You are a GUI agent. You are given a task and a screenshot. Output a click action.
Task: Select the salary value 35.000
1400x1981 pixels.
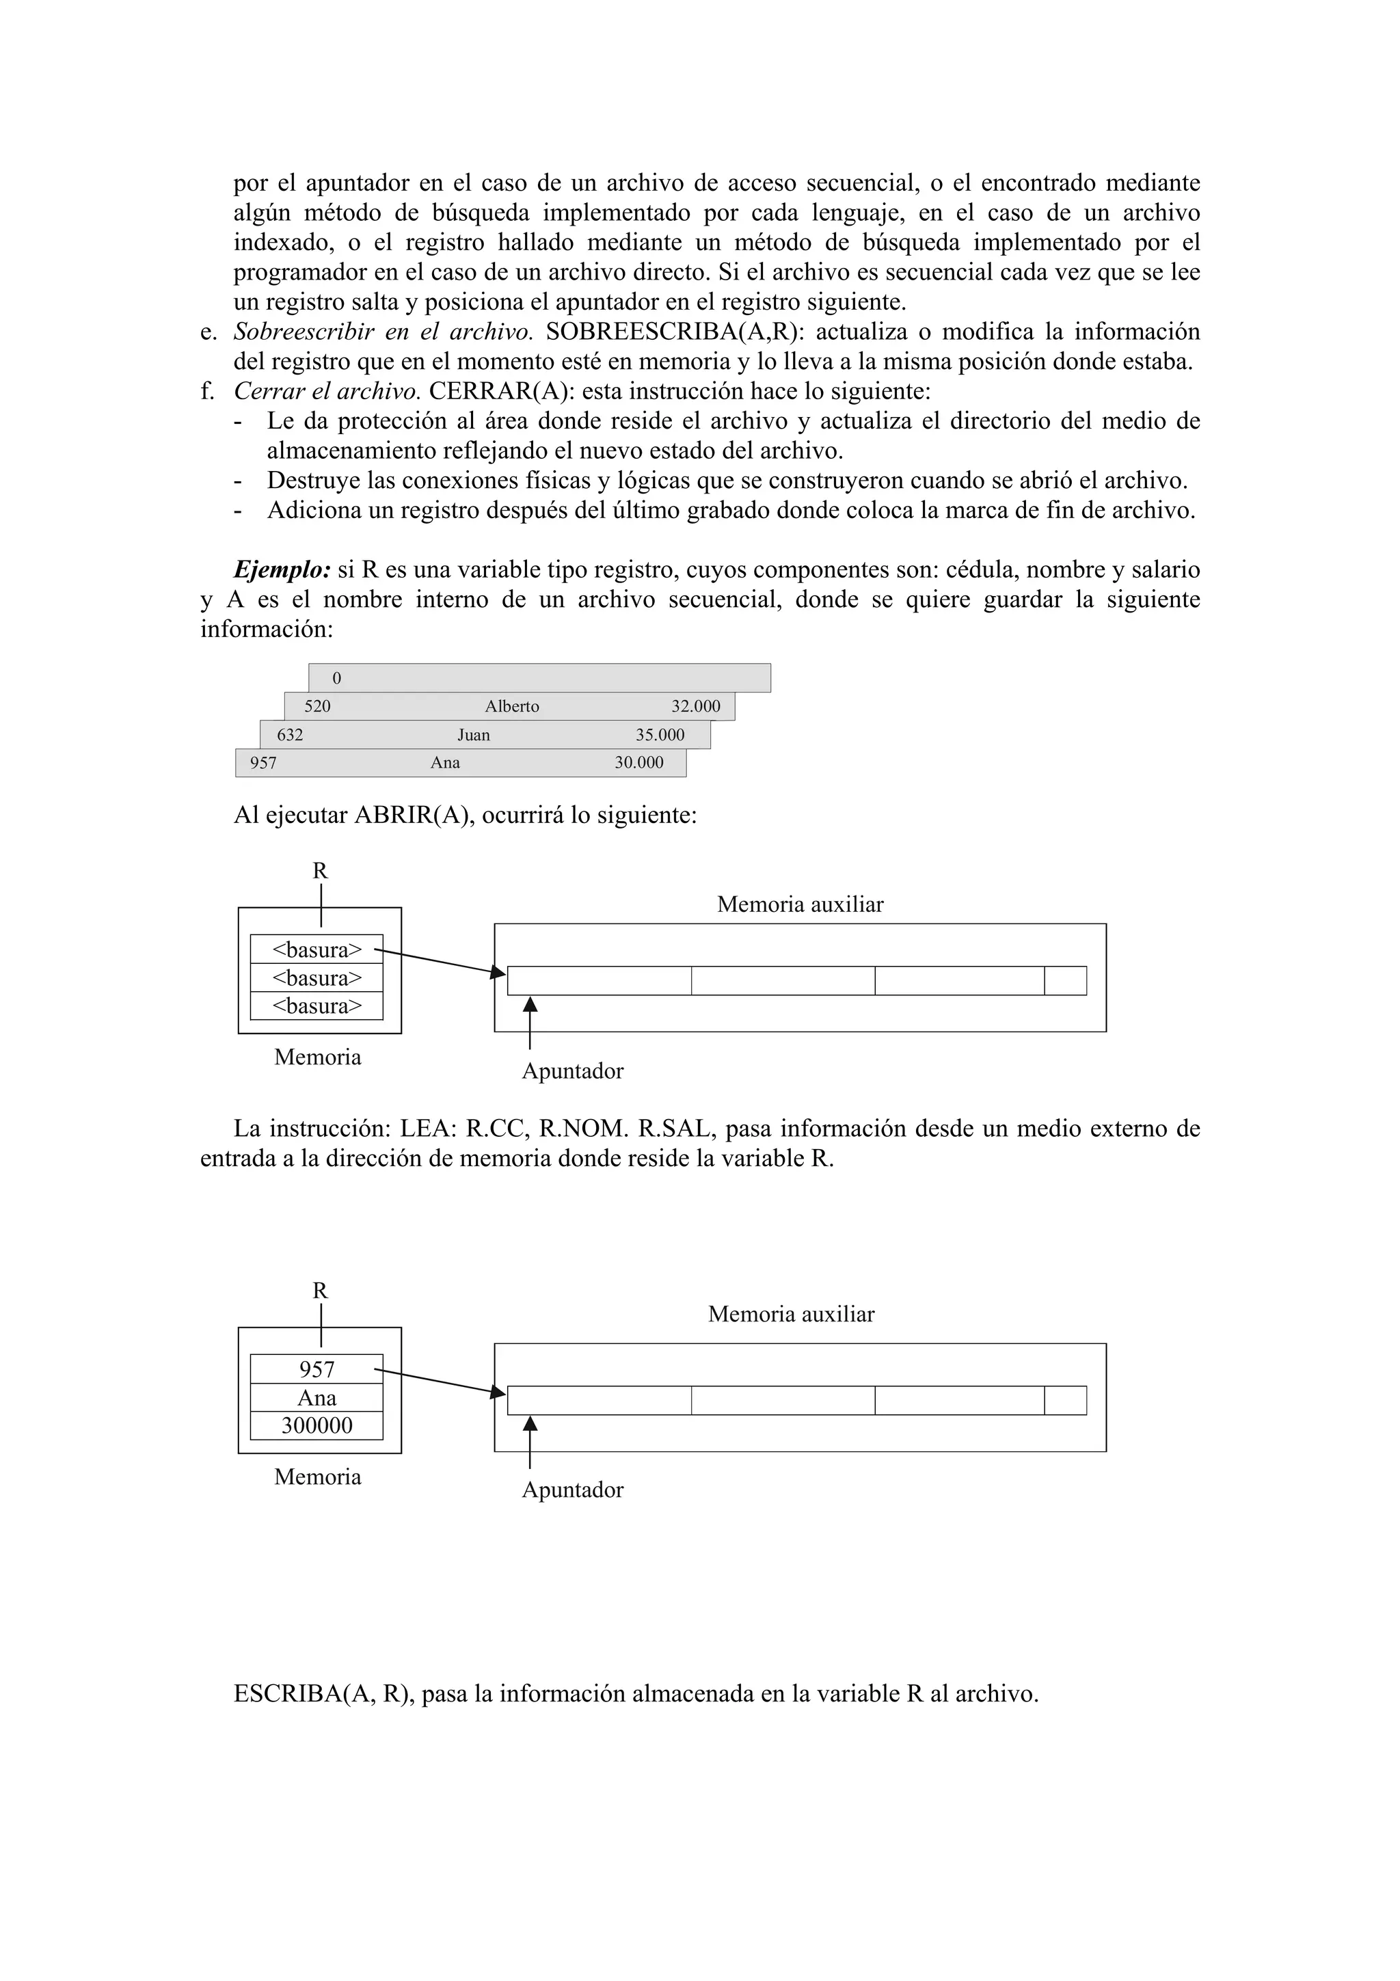[x=660, y=735]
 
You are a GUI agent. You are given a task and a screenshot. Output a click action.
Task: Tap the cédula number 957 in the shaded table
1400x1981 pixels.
[x=263, y=763]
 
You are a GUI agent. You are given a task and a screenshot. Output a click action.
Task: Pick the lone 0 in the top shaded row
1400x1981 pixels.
[x=336, y=678]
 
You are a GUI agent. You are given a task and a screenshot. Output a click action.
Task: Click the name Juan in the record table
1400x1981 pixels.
[x=474, y=735]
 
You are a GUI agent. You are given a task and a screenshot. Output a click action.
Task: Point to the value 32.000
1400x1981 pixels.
[x=695, y=707]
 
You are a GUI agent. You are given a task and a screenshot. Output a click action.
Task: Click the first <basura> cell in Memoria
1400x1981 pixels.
[x=317, y=950]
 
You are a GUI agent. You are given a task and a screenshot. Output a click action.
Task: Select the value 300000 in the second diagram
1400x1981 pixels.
[x=317, y=1425]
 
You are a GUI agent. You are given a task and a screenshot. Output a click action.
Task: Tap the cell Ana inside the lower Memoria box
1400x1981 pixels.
[x=317, y=1398]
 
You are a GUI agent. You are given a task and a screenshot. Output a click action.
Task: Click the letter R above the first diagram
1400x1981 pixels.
[x=320, y=871]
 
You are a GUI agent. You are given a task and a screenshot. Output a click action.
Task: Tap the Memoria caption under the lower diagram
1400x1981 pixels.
[x=317, y=1477]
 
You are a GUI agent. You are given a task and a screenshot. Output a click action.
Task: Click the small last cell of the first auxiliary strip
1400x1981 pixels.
[x=1065, y=981]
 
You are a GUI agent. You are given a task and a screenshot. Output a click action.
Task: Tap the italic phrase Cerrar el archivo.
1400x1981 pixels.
[x=327, y=391]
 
